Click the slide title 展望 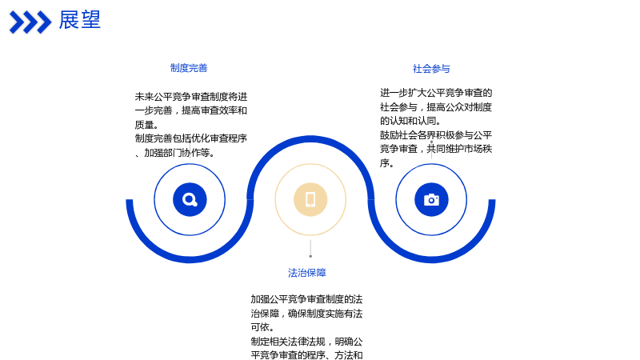pyautogui.click(x=79, y=20)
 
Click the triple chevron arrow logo pyautogui.click(x=30, y=22)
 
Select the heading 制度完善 pyautogui.click(x=189, y=68)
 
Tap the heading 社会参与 pyautogui.click(x=431, y=69)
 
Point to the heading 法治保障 pyautogui.click(x=307, y=273)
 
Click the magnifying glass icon pyautogui.click(x=190, y=199)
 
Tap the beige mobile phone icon pyautogui.click(x=310, y=199)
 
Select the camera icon pyautogui.click(x=431, y=199)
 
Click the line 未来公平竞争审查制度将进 pyautogui.click(x=191, y=97)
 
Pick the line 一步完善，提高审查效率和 pyautogui.click(x=191, y=110)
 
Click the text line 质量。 pyautogui.click(x=147, y=125)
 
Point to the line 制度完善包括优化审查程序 pyautogui.click(x=191, y=138)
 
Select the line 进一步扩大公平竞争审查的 pyautogui.click(x=436, y=93)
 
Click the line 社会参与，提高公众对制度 pyautogui.click(x=436, y=107)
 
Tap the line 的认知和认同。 pyautogui.click(x=410, y=121)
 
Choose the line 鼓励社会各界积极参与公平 pyautogui.click(x=436, y=135)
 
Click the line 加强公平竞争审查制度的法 pyautogui.click(x=306, y=299)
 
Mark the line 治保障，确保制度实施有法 pyautogui.click(x=306, y=314)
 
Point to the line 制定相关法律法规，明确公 pyautogui.click(x=306, y=342)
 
